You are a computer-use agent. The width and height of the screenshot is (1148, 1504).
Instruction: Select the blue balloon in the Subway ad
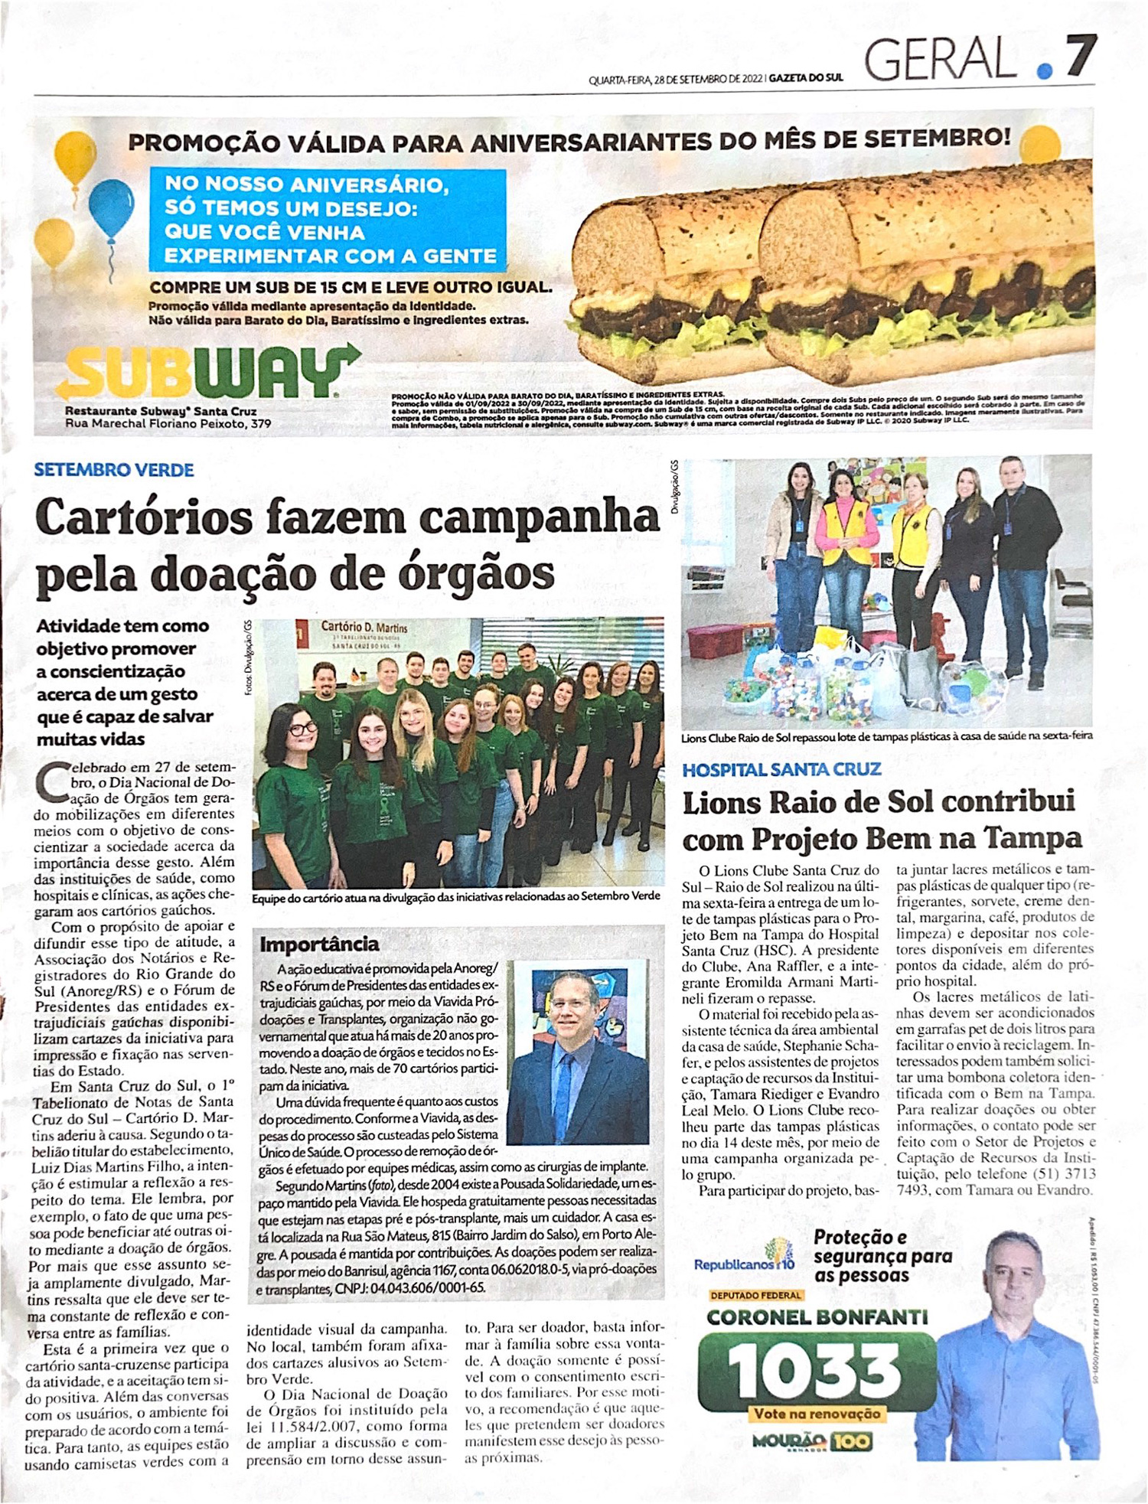(111, 209)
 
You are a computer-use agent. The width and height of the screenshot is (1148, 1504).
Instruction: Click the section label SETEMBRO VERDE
(114, 470)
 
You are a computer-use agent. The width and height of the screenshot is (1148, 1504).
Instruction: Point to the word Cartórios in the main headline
(144, 518)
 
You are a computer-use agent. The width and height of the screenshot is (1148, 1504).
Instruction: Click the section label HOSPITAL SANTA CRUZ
(781, 769)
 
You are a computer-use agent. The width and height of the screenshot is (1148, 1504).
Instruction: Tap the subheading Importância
(319, 944)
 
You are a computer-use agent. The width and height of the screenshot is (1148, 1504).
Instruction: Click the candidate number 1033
(814, 1372)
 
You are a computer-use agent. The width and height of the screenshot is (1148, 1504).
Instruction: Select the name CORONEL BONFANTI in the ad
(817, 1317)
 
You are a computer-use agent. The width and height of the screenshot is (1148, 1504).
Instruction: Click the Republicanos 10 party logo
(744, 1264)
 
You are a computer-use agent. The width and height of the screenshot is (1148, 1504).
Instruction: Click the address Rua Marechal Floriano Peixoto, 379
(168, 423)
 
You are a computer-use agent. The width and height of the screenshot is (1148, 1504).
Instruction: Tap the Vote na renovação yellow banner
(817, 1414)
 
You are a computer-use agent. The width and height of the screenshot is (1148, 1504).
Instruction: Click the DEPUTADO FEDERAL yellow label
(756, 1295)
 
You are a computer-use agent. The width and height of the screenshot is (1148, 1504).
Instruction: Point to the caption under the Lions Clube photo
(887, 736)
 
